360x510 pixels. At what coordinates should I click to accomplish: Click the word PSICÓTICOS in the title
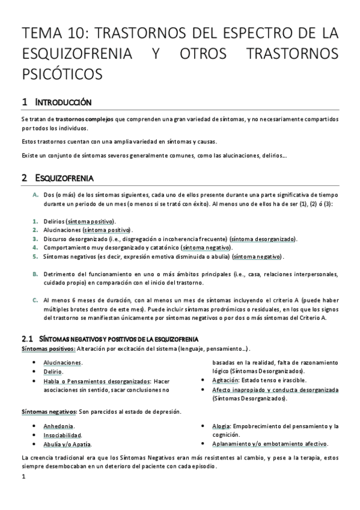click(x=62, y=73)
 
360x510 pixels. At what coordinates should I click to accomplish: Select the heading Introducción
click(x=64, y=102)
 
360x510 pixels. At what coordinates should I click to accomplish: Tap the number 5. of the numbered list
click(x=36, y=256)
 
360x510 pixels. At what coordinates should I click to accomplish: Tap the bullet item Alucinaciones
click(x=63, y=363)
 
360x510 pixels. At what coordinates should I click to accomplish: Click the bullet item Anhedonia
click(x=58, y=426)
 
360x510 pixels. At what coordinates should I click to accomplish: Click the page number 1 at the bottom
click(x=23, y=478)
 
